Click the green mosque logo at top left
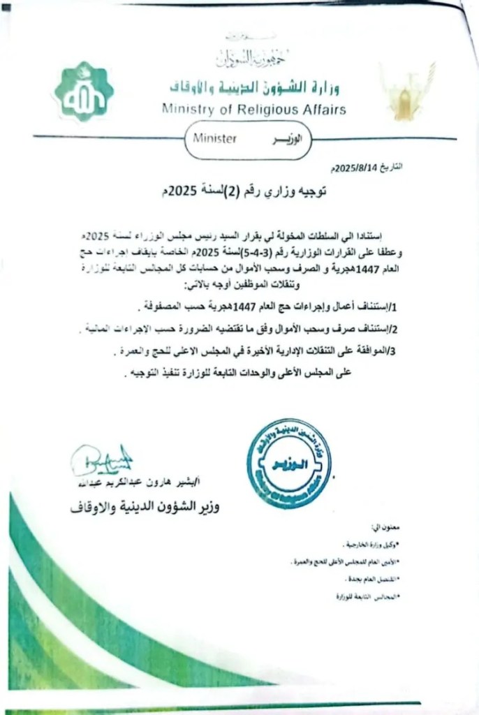pyautogui.click(x=84, y=92)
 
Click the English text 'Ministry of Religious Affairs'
pyautogui.click(x=253, y=110)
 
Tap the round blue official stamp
pyautogui.click(x=288, y=463)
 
